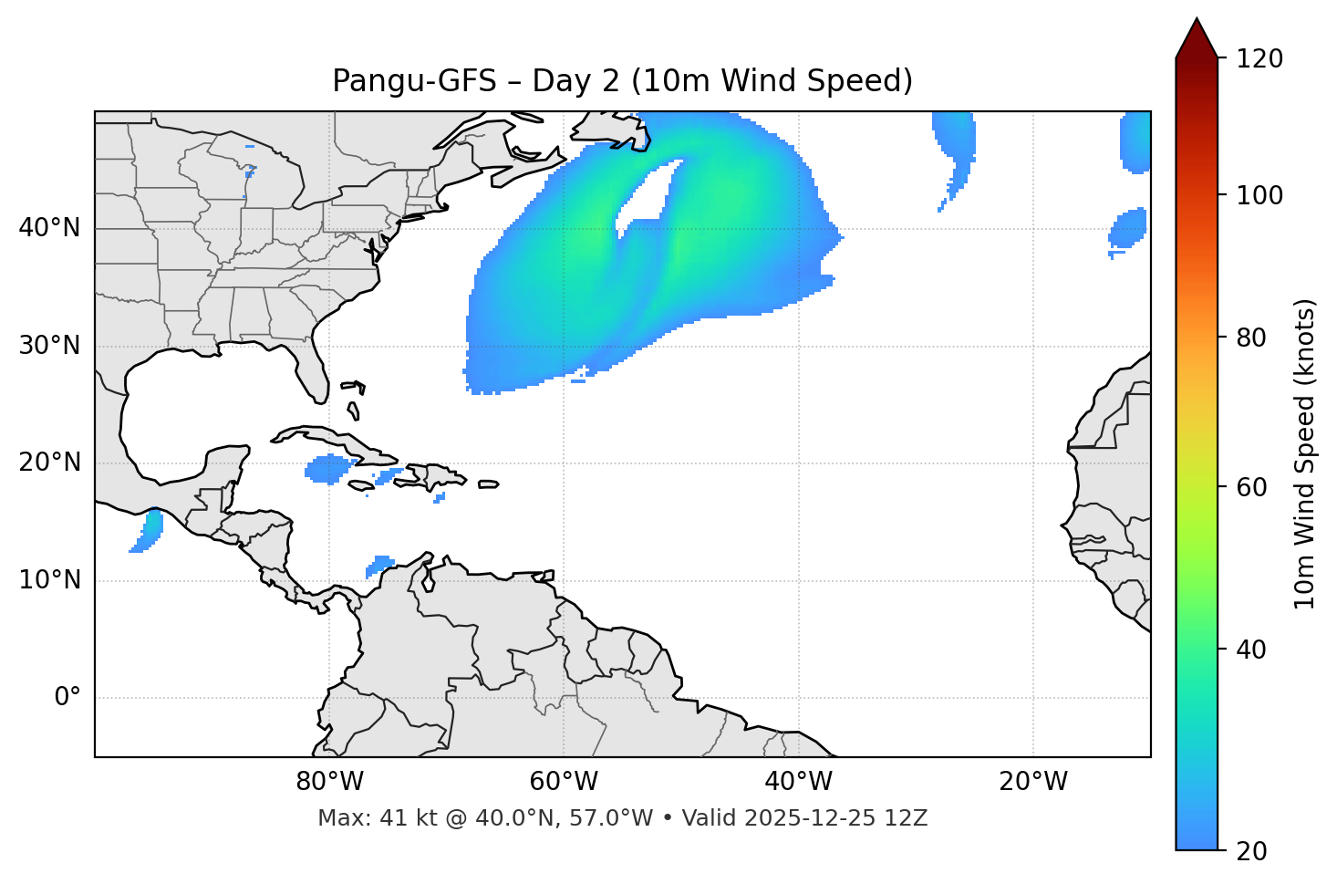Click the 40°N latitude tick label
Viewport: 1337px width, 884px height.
pyautogui.click(x=49, y=228)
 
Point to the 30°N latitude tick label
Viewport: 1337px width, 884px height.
pyautogui.click(x=49, y=346)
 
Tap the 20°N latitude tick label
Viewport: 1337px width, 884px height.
pyautogui.click(x=49, y=463)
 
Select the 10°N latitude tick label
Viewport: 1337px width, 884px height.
pyautogui.click(x=49, y=580)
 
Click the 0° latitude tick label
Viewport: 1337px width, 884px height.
pyautogui.click(x=67, y=698)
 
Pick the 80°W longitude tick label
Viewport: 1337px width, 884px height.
pyautogui.click(x=329, y=782)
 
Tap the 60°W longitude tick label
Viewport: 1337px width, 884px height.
pyautogui.click(x=564, y=782)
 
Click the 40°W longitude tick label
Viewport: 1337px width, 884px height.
pyautogui.click(x=798, y=782)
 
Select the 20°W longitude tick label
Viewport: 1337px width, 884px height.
pyautogui.click(x=1032, y=782)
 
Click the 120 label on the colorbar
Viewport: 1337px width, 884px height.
pyautogui.click(x=1259, y=58)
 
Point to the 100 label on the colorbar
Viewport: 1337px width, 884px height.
pyautogui.click(x=1259, y=195)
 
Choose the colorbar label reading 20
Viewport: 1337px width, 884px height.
pyautogui.click(x=1251, y=851)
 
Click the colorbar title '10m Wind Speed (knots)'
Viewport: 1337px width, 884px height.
pyautogui.click(x=1305, y=453)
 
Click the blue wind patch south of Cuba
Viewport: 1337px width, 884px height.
pyautogui.click(x=327, y=469)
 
